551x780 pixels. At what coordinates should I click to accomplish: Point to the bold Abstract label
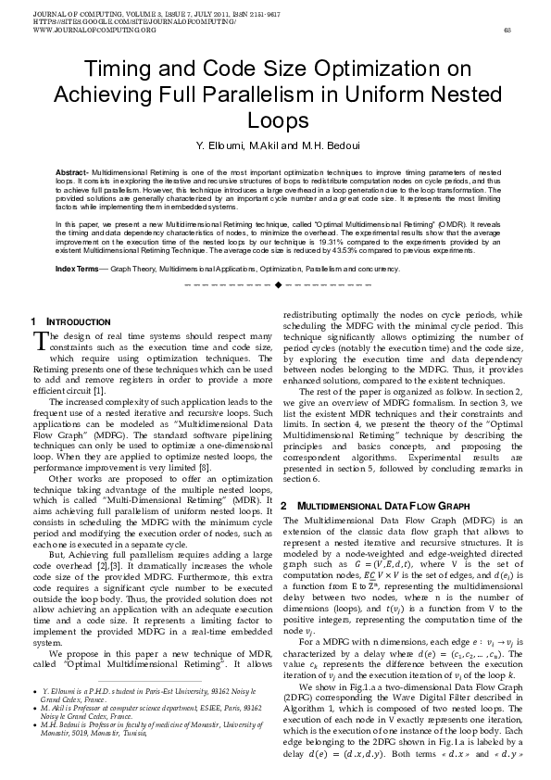(71, 173)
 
